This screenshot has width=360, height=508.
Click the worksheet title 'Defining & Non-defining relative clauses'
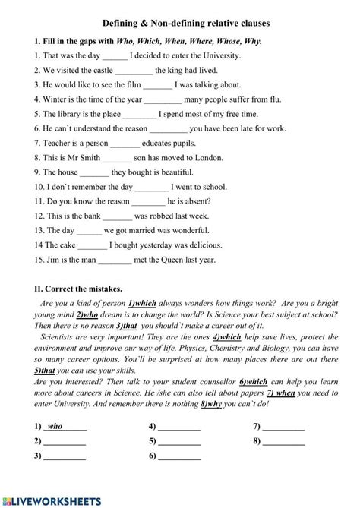coord(185,24)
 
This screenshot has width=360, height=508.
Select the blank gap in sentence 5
coord(140,114)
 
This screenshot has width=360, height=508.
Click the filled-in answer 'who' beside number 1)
coord(55,426)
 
